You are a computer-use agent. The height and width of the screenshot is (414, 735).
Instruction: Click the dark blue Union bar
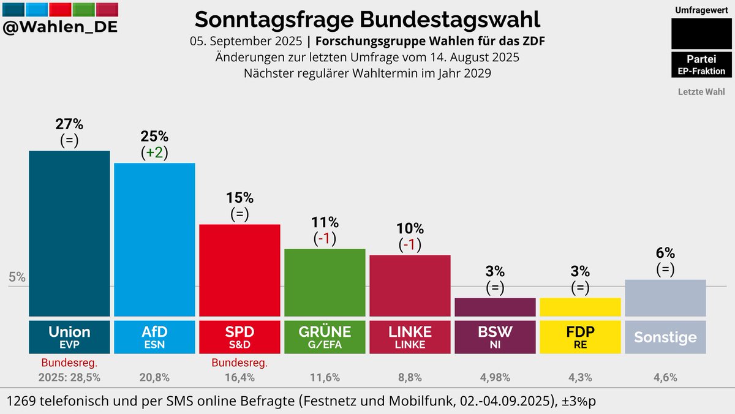click(x=69, y=233)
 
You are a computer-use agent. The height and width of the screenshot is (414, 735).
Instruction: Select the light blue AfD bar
click(x=154, y=239)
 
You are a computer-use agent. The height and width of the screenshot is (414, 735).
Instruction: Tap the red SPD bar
click(x=239, y=269)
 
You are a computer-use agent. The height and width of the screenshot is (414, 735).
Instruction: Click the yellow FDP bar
click(x=579, y=307)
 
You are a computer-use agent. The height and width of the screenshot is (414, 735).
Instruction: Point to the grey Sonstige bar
click(x=665, y=298)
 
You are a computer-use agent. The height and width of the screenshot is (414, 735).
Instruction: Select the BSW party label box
click(x=495, y=337)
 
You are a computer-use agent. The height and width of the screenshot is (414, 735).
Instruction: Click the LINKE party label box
click(x=410, y=337)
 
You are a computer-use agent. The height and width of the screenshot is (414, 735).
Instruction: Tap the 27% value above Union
click(x=69, y=124)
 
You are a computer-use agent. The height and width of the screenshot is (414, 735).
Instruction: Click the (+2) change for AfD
click(x=154, y=152)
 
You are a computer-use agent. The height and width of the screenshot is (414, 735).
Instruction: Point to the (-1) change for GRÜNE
click(x=325, y=238)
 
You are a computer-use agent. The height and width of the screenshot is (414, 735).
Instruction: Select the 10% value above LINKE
click(x=410, y=228)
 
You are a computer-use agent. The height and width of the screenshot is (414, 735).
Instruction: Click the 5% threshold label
click(x=17, y=277)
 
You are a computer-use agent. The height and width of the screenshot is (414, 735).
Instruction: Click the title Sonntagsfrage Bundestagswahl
click(x=367, y=19)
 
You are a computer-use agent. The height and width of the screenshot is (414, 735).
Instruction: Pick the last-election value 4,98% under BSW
click(x=495, y=377)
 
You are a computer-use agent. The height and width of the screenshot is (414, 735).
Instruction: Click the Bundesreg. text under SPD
click(x=239, y=363)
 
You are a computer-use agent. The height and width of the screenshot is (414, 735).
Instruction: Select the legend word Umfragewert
click(x=701, y=10)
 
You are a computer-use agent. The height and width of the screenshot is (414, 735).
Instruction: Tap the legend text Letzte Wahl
click(x=701, y=92)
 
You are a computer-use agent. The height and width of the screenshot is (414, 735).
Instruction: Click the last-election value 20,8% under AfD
click(x=154, y=377)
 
